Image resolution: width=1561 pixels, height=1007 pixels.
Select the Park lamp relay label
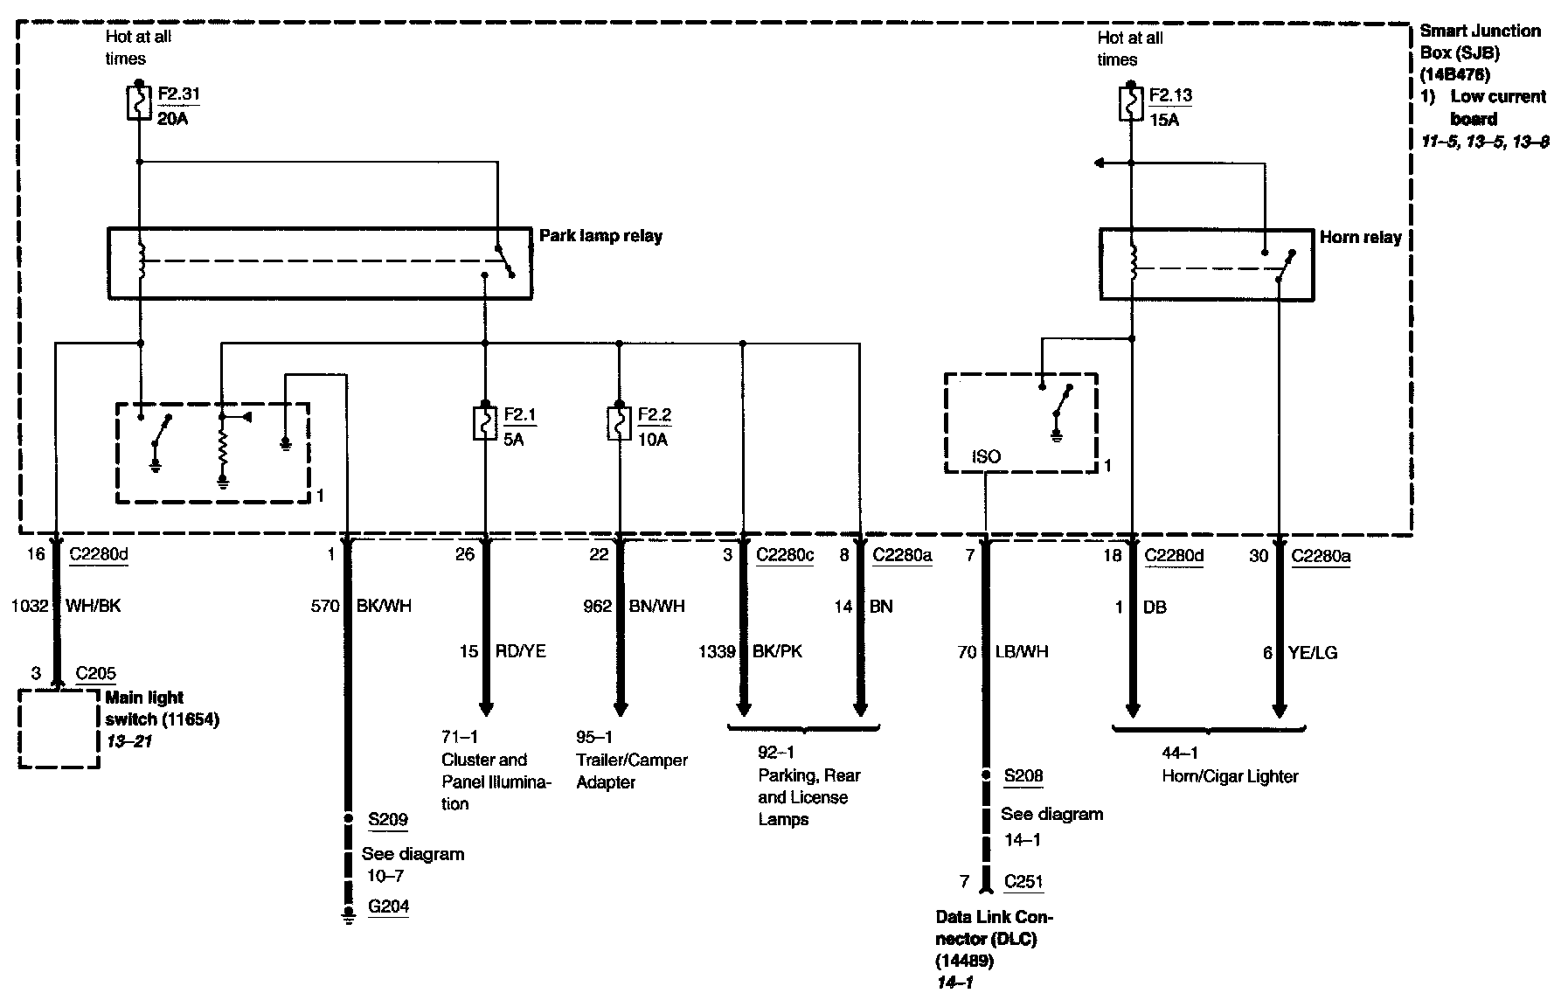600,236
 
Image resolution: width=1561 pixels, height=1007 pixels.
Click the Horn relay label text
1360,237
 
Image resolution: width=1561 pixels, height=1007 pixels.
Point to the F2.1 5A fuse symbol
485,423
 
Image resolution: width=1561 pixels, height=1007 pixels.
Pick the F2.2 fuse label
655,414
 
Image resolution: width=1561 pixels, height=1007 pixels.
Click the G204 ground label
388,906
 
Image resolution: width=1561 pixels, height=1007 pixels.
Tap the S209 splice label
387,819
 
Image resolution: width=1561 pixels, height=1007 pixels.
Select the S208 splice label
1023,775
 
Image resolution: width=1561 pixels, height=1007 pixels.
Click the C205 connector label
95,673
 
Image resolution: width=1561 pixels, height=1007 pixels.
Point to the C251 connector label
1023,881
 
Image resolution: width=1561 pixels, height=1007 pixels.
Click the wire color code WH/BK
93,606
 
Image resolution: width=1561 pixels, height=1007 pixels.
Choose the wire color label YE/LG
1312,652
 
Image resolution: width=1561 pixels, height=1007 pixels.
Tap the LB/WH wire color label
1021,652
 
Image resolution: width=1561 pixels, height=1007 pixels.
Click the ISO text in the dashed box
986,456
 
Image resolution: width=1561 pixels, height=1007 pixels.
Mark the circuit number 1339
717,651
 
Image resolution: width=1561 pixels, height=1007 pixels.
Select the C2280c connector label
784,555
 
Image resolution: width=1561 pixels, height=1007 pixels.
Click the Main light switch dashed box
59,729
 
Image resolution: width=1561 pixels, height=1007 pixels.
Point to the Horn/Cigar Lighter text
1229,775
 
